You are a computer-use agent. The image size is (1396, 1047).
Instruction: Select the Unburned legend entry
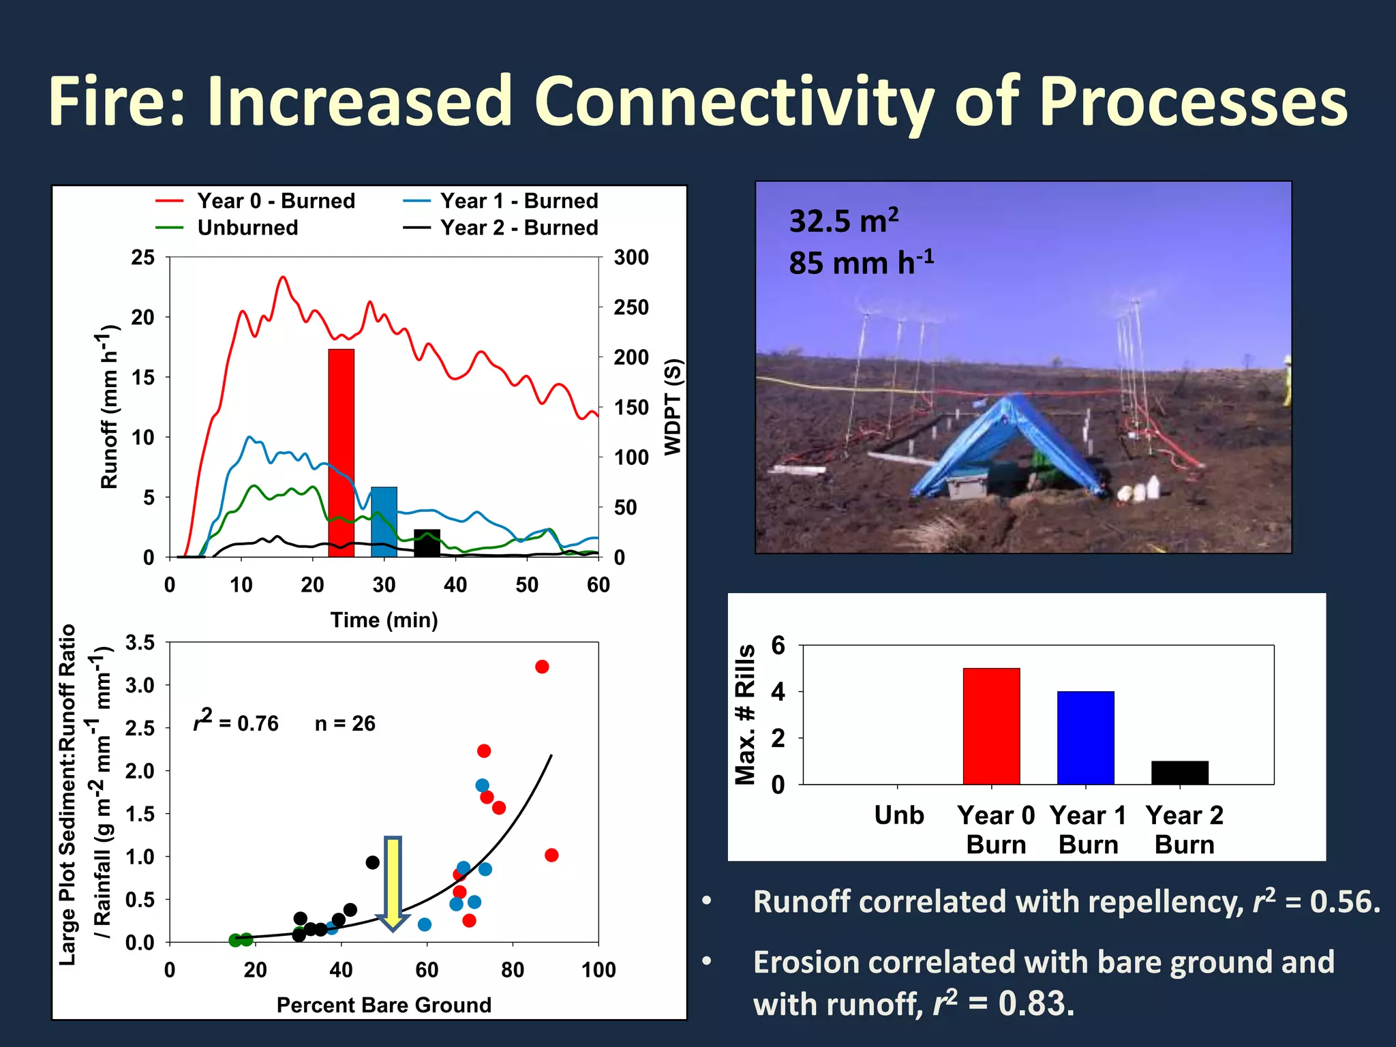pyautogui.click(x=247, y=228)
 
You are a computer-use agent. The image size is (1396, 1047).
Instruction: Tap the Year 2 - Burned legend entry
pyautogui.click(x=518, y=228)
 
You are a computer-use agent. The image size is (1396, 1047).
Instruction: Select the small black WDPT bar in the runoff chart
pyautogui.click(x=427, y=543)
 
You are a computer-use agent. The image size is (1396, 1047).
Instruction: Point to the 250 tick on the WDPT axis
pyautogui.click(x=631, y=307)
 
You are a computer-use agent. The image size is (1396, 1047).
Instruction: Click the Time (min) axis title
pyautogui.click(x=384, y=620)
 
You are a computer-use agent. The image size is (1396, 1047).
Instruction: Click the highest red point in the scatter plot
pyautogui.click(x=542, y=667)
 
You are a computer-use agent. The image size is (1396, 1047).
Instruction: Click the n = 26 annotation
pyautogui.click(x=345, y=723)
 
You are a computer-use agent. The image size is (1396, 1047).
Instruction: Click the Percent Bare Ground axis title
pyautogui.click(x=384, y=1005)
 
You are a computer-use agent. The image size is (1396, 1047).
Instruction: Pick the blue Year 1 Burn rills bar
pyautogui.click(x=1085, y=738)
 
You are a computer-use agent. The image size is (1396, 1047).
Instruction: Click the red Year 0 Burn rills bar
pyautogui.click(x=991, y=726)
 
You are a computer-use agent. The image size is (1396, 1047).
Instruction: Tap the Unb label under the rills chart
pyautogui.click(x=898, y=815)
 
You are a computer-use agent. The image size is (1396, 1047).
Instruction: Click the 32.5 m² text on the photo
pyautogui.click(x=843, y=221)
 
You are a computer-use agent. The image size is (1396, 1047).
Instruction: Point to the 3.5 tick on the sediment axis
pyautogui.click(x=140, y=643)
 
